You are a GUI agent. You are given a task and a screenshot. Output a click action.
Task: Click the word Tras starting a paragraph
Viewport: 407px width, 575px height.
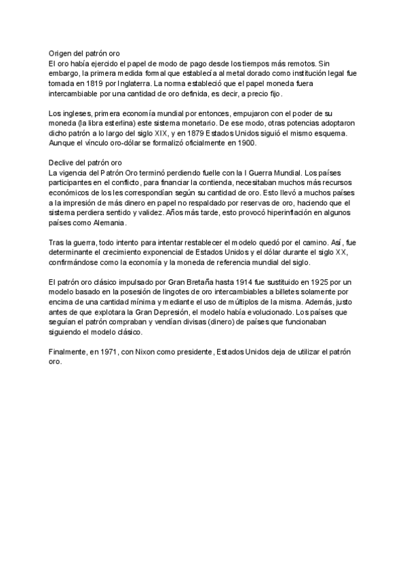[58, 242]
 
